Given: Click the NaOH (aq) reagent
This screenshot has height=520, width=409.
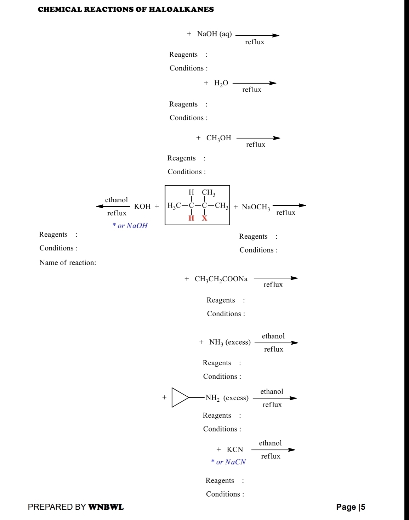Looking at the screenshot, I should pos(214,34).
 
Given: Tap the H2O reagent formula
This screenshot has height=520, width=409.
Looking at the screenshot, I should pos(221,83).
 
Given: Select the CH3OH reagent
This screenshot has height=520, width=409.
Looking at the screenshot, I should pos(218,138).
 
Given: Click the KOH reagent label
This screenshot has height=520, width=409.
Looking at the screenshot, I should pos(142,207).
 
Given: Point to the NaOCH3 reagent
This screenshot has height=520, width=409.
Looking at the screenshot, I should pos(256,207).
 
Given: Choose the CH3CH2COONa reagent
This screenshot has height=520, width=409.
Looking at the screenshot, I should pos(221,279).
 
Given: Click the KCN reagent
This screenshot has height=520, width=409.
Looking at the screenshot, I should pos(235,450).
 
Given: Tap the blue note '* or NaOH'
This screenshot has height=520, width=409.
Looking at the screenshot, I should pos(130,226).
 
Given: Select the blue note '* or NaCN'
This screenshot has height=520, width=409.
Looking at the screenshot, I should pos(228,462).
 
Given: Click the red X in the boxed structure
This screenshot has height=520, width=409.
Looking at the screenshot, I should pos(205,218).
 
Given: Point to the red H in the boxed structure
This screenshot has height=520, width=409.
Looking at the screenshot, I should pos(191,218).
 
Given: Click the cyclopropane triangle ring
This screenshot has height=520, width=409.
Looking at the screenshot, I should pos(178,397).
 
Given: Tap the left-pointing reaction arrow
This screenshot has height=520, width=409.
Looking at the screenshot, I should pos(113,207).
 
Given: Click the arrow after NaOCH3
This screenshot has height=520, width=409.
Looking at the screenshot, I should pos(289,205).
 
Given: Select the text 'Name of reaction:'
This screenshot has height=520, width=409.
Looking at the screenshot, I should pos(68,262).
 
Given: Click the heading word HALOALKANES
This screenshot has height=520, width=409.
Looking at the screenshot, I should pos(181,10).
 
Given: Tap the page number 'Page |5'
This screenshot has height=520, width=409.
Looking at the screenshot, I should pos(351,507).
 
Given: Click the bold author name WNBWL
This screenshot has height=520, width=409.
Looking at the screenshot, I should pos(106,507).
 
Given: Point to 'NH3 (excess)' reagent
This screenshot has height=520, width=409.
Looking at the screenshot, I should pos(230,343).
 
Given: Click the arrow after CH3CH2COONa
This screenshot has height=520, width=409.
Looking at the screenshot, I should pos(275,278).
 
